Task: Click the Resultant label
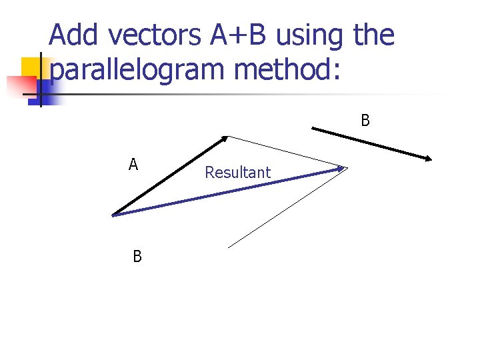(x=237, y=173)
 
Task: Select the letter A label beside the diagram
(x=133, y=165)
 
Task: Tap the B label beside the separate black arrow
(x=365, y=121)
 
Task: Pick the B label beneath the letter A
(x=137, y=257)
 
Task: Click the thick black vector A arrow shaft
(x=167, y=177)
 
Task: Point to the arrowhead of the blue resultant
(x=341, y=169)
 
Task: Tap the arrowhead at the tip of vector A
(x=223, y=139)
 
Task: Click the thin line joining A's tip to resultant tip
(x=287, y=152)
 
